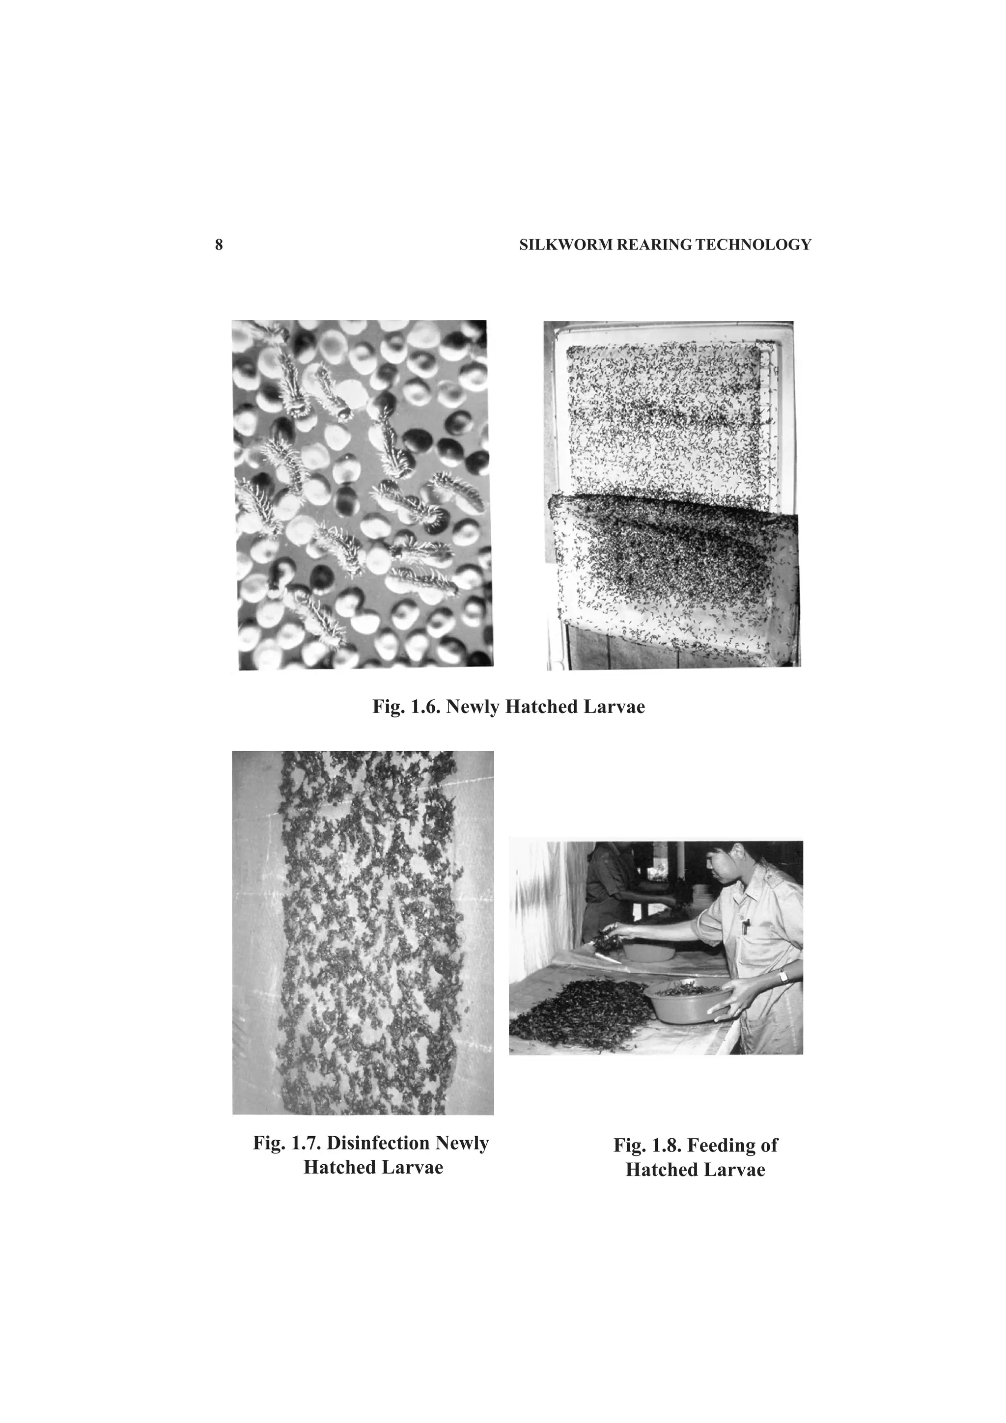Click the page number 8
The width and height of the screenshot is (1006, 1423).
tap(218, 245)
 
